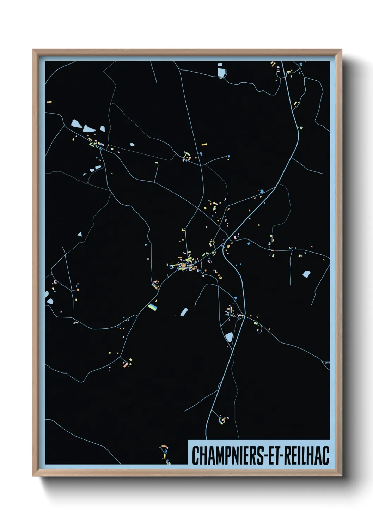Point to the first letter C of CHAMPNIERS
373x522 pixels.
195,455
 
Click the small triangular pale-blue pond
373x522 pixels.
80,234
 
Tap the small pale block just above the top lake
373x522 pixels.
220,65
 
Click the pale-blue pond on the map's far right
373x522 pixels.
306,274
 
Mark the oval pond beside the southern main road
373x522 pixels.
229,337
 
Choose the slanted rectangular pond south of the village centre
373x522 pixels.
184,312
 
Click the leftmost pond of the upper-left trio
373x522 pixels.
76,124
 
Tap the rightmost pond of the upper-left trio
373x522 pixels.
103,129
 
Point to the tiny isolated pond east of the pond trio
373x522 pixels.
132,144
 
